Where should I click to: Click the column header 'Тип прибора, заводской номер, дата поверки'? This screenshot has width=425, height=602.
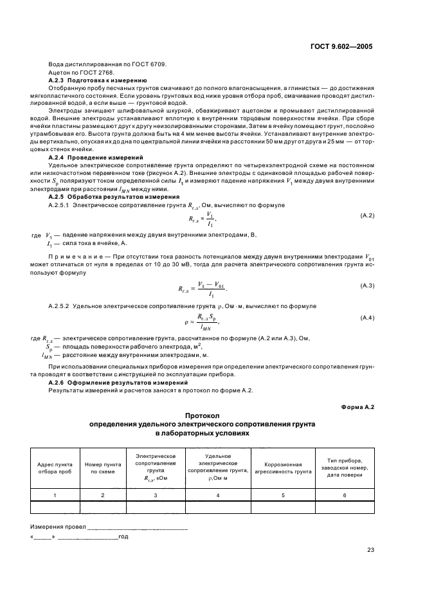(x=344, y=467)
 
